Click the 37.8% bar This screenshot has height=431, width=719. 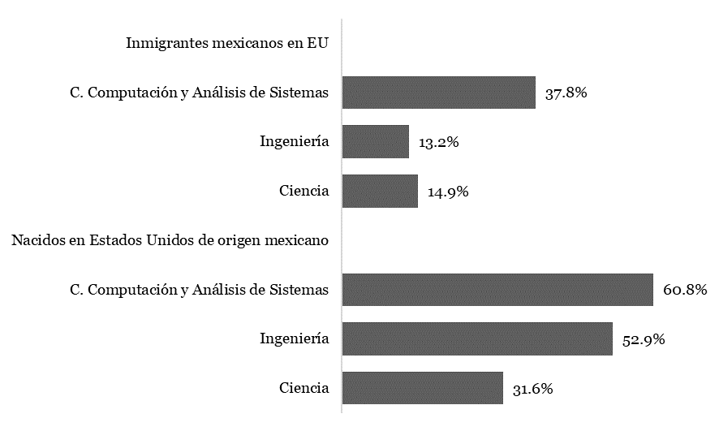(x=438, y=93)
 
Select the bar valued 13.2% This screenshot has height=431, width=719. (x=375, y=142)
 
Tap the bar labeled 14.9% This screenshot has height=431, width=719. (x=380, y=192)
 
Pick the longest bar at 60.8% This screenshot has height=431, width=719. (x=497, y=290)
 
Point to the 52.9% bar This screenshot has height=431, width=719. (x=477, y=339)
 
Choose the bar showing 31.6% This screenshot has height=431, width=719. (x=422, y=388)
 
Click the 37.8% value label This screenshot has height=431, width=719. (x=566, y=93)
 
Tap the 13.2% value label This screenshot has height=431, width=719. (x=439, y=143)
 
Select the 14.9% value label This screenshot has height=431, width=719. (x=448, y=192)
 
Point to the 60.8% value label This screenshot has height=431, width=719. (x=685, y=291)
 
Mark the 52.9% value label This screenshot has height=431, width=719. (x=644, y=340)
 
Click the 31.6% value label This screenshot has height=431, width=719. (x=533, y=389)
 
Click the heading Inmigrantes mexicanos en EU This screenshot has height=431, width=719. (x=227, y=43)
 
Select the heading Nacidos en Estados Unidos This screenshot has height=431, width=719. (x=170, y=240)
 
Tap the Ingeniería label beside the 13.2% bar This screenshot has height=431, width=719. (x=294, y=142)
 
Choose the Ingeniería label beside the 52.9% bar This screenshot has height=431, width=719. (x=294, y=339)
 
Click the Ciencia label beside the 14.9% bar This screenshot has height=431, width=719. (x=304, y=192)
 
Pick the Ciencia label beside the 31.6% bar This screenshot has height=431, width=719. (x=304, y=388)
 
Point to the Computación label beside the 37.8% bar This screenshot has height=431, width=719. (x=199, y=93)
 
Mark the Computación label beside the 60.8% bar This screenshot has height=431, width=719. (x=199, y=290)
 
